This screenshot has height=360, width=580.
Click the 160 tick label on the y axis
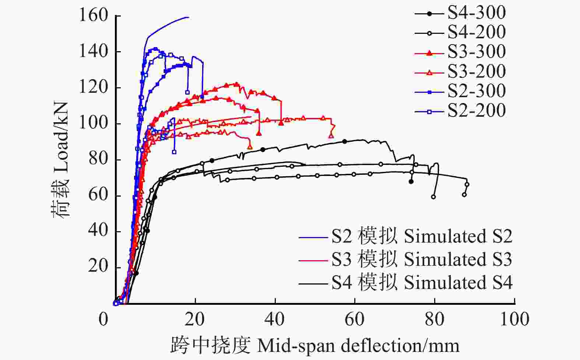point(94,16)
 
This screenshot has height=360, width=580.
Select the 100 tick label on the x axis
point(514,320)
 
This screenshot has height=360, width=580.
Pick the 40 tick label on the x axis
point(275,320)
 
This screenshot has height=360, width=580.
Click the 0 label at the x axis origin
point(103,320)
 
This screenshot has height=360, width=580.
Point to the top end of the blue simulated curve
point(188,17)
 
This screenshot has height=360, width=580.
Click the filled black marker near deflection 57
point(345,141)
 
